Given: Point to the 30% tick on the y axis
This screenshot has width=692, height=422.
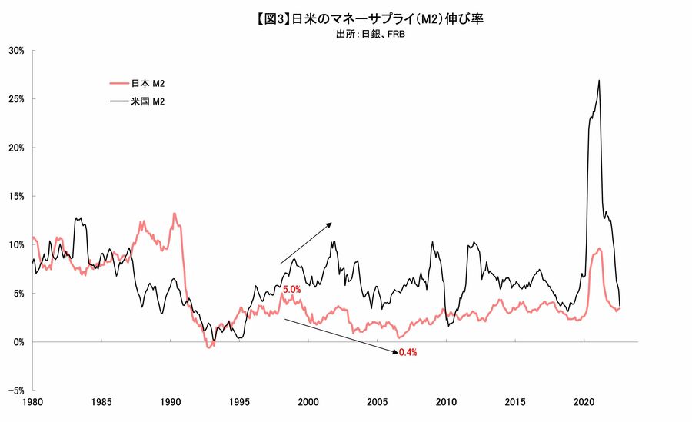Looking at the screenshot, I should coord(17,51).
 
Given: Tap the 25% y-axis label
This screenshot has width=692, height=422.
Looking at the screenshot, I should coord(17,99).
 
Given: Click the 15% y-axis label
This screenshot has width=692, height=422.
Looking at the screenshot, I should coord(17,196).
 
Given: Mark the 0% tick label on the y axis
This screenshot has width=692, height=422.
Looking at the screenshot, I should coord(19,341).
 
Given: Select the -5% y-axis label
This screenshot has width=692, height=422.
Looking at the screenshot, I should coord(17,390).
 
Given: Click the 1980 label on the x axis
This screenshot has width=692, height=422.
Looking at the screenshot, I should coord(33,402).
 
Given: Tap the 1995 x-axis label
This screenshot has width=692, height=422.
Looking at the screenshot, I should coord(240,402).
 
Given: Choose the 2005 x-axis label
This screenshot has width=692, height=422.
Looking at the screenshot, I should coord(378,402).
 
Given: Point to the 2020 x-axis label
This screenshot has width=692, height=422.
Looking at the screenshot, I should coord(584,402).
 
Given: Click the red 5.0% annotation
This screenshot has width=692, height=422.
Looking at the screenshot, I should coord(292,290).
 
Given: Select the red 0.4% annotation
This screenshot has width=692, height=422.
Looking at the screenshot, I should coord(408,352).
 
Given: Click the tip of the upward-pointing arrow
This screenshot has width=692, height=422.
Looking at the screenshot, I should coord(331,223).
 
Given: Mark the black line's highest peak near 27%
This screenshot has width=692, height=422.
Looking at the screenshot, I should coord(599,80).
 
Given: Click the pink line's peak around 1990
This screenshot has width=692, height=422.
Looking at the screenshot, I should coord(174,214).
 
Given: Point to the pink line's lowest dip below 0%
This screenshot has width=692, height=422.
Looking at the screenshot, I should coord(208,348).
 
